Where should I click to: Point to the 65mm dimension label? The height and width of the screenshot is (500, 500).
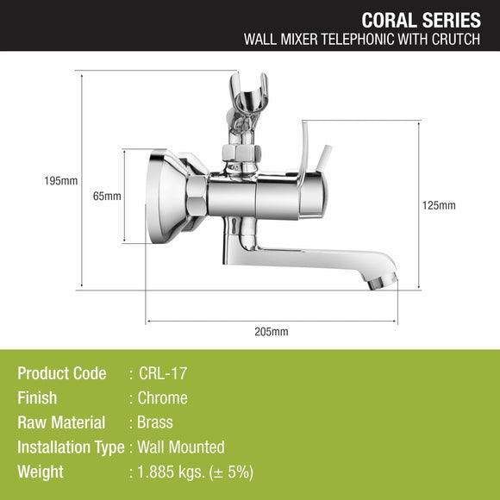107,196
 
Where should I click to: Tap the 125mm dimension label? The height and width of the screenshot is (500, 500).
441,205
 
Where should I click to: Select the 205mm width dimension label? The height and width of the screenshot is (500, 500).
272,331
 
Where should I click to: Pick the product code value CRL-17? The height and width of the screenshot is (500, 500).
163,373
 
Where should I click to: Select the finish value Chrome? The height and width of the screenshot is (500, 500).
163,398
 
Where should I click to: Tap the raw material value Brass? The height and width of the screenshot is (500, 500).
155,422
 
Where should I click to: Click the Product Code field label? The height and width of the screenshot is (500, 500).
62,373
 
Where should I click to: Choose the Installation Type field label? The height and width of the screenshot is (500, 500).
72,447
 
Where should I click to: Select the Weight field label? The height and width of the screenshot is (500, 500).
41,472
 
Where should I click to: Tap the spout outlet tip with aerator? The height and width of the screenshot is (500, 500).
384,280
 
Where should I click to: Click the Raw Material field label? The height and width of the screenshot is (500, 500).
61,422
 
